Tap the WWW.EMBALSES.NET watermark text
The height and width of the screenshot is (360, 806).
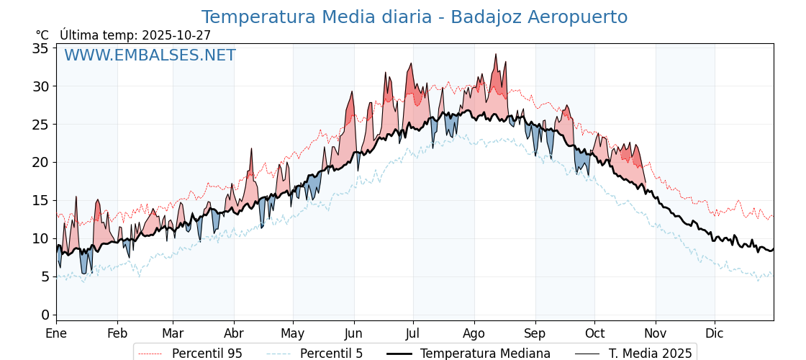[x=150, y=55]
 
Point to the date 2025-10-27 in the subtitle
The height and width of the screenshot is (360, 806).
[x=176, y=35]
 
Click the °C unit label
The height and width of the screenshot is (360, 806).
[x=42, y=35]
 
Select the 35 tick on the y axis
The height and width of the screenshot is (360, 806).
[x=40, y=48]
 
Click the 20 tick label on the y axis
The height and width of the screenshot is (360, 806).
[x=40, y=162]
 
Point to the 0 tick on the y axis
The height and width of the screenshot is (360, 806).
[x=45, y=315]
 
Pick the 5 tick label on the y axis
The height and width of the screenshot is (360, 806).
[x=45, y=276]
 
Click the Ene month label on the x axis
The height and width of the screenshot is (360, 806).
[x=56, y=333]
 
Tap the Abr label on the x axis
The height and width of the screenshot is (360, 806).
[x=234, y=333]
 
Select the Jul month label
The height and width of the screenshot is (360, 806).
[x=413, y=333]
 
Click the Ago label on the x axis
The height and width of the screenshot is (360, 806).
[x=474, y=333]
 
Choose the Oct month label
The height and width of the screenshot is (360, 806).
[x=594, y=333]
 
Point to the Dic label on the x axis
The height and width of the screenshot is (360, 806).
[x=715, y=333]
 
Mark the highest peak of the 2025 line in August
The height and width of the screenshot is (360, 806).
[x=496, y=54]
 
